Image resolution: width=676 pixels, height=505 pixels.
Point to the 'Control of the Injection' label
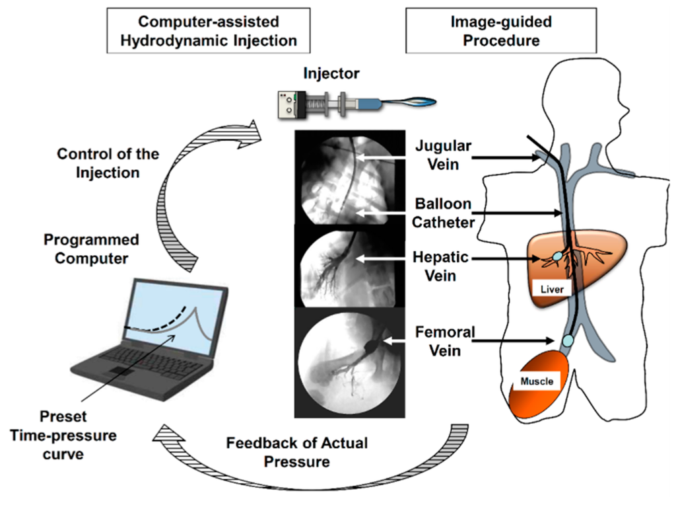108,163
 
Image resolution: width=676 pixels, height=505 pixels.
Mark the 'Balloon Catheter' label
444,212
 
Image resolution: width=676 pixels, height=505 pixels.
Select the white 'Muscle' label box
536,381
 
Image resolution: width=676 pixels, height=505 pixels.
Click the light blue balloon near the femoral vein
567,341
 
